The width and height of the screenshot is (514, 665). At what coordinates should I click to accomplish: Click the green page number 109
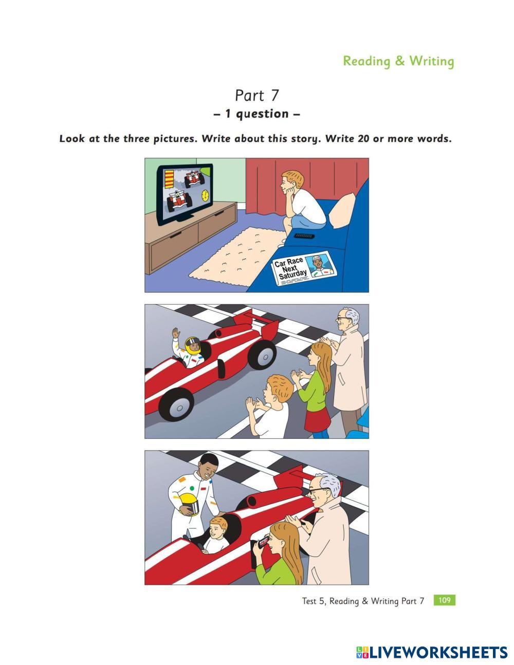[444, 600]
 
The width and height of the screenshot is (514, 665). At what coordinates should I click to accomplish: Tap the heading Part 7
[256, 95]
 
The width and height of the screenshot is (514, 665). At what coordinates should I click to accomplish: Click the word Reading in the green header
[366, 61]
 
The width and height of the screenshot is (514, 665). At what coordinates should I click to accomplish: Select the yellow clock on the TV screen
[205, 195]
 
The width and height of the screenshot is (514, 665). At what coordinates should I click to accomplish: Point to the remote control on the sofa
[304, 236]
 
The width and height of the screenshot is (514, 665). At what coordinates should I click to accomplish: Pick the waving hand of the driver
[175, 333]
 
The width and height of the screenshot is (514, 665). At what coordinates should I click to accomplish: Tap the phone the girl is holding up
[263, 542]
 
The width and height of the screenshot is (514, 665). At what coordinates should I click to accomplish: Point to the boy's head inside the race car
[218, 526]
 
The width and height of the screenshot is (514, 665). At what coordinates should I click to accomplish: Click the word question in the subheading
[262, 114]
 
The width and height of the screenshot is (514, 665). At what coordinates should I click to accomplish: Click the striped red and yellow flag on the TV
[169, 179]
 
